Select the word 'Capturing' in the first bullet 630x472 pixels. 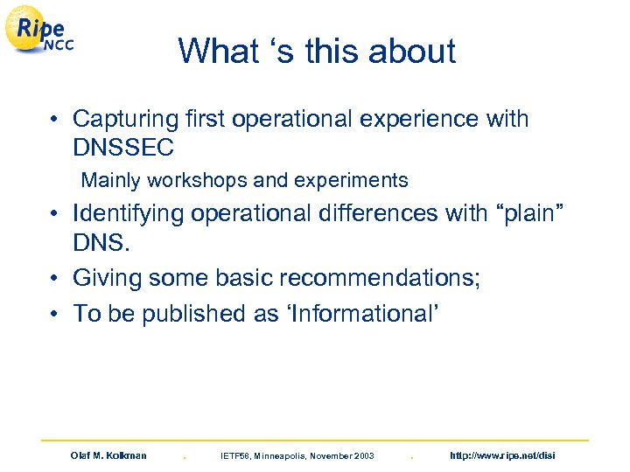pos(126,119)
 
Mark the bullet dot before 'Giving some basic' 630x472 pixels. pos(54,279)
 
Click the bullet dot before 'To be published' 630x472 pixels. pos(54,314)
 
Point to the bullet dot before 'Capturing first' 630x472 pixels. pos(54,120)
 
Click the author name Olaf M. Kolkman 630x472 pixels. pos(108,455)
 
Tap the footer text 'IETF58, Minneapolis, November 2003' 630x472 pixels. pos(297,455)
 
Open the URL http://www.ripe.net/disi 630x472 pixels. pos(501,455)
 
